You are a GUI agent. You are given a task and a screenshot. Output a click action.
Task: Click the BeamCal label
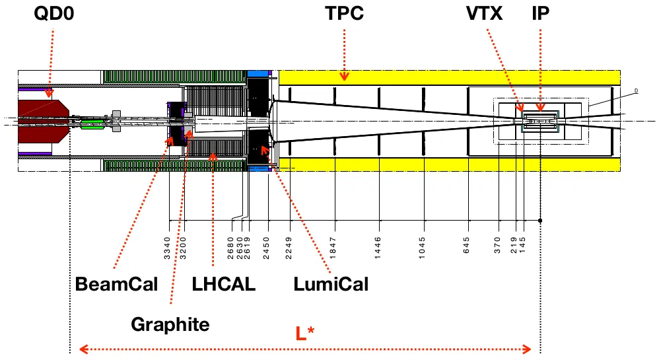[x=117, y=285]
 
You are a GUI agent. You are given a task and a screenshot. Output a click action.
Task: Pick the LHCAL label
[x=223, y=285]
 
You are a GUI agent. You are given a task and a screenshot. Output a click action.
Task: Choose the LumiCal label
[x=331, y=285]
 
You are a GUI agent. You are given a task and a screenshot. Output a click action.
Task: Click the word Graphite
[x=170, y=324]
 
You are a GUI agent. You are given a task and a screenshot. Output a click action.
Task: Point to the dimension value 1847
[x=333, y=250]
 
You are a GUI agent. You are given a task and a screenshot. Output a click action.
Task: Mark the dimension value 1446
[x=378, y=250]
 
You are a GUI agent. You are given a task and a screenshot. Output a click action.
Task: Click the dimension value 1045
[x=423, y=250]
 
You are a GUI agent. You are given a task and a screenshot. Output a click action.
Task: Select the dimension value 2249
[x=289, y=250]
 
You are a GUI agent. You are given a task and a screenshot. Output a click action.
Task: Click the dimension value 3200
[x=184, y=250]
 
